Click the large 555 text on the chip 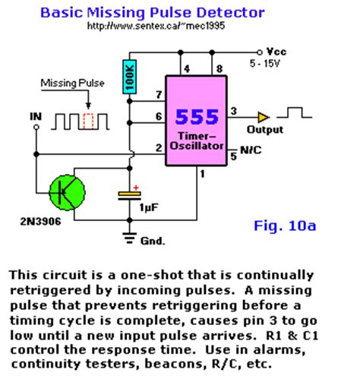(197, 117)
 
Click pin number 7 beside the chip (158, 94)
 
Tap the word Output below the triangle (265, 130)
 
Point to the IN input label (36, 115)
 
